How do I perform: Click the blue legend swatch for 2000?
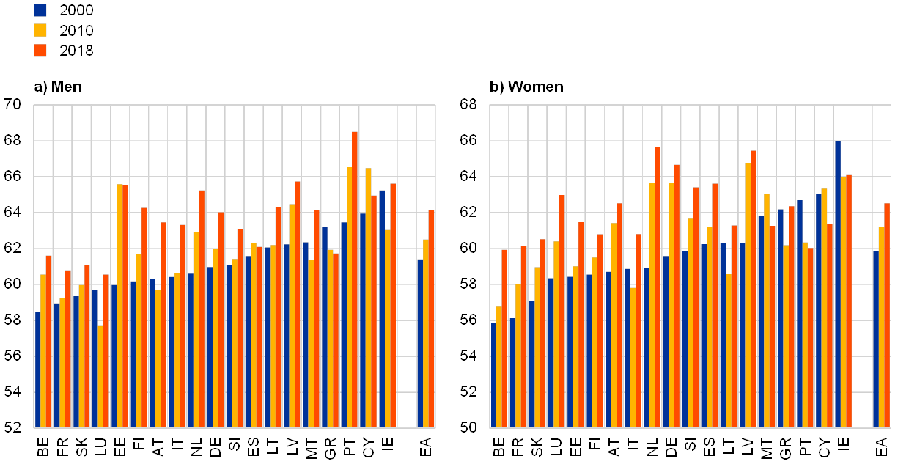(x=40, y=10)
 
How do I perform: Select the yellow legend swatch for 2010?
(x=40, y=30)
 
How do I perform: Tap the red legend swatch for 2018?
(x=40, y=51)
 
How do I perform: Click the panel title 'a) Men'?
(x=57, y=87)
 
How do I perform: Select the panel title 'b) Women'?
(x=527, y=87)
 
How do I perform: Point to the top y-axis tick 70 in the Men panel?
(x=13, y=105)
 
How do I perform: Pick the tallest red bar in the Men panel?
(x=355, y=279)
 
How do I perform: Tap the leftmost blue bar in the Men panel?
(x=37, y=369)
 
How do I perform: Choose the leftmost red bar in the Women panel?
(x=504, y=338)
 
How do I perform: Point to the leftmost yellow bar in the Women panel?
(x=498, y=367)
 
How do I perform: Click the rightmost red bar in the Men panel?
(x=432, y=318)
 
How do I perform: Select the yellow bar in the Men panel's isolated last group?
(x=426, y=333)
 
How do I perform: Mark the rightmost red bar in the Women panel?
(x=887, y=315)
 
